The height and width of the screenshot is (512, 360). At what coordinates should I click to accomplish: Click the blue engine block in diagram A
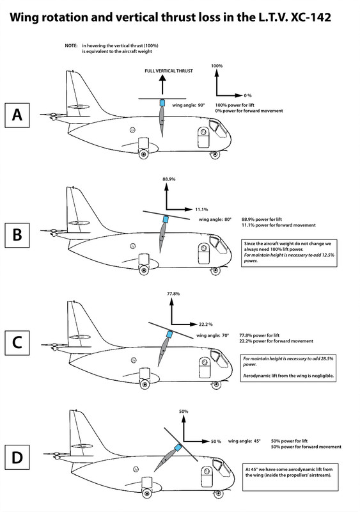[x=162, y=103]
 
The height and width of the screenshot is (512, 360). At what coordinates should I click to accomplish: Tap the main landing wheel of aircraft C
[x=145, y=383]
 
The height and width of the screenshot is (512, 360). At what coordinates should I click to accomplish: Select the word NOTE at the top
[x=72, y=46]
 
